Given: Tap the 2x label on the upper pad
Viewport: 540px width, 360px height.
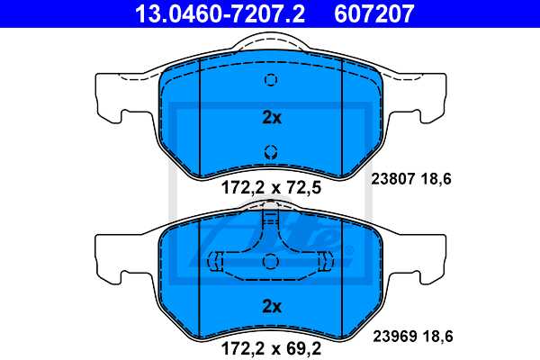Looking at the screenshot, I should pyautogui.click(x=271, y=117).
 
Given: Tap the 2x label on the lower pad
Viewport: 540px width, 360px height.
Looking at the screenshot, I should pyautogui.click(x=271, y=307).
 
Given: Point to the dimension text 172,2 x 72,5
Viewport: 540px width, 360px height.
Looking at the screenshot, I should pyautogui.click(x=271, y=189).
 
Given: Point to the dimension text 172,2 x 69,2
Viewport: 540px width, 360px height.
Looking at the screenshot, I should pyautogui.click(x=271, y=342).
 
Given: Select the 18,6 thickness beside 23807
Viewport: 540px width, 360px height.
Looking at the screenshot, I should pyautogui.click(x=436, y=179).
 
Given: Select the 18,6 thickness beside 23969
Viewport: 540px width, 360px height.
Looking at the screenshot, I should pyautogui.click(x=436, y=335).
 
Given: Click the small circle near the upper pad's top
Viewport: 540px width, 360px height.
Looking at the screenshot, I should pyautogui.click(x=270, y=80).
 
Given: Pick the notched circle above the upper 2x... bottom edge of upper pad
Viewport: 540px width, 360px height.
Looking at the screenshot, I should pyautogui.click(x=270, y=151).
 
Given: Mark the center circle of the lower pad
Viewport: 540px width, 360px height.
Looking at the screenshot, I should pyautogui.click(x=270, y=261).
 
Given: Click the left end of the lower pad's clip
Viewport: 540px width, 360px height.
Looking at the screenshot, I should pyautogui.click(x=217, y=261).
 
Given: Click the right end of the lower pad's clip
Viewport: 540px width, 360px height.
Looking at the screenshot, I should pyautogui.click(x=324, y=261).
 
